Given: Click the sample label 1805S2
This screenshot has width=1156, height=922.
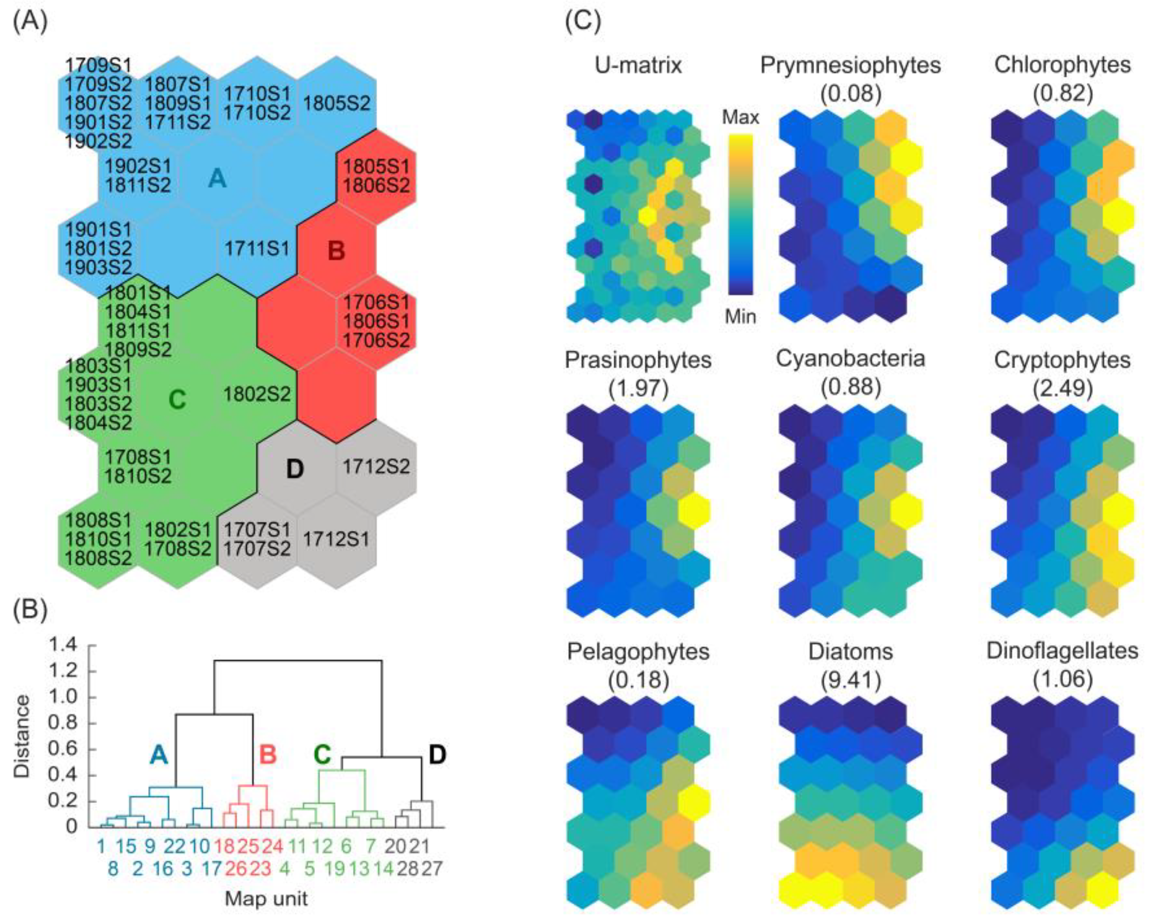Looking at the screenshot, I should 337,102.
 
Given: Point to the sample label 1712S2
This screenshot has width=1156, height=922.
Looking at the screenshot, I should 376,466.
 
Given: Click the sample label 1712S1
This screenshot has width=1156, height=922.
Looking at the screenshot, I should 336,539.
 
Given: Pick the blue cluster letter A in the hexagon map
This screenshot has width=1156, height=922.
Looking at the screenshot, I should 217,178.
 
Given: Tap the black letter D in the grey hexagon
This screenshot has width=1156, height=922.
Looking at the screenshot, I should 295,469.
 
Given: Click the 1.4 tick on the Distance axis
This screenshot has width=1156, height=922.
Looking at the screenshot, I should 63,646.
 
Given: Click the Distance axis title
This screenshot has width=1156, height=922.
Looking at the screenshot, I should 22,736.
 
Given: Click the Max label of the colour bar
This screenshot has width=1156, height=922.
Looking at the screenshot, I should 740,117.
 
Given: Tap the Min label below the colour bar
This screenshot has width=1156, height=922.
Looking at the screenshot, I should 740,317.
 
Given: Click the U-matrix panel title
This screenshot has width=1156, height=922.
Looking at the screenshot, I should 638,65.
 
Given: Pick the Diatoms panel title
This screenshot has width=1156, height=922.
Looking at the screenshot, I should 851,652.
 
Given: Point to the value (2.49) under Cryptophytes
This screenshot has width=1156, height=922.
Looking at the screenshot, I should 1063,388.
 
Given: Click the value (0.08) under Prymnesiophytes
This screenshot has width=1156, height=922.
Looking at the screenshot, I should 851,93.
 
